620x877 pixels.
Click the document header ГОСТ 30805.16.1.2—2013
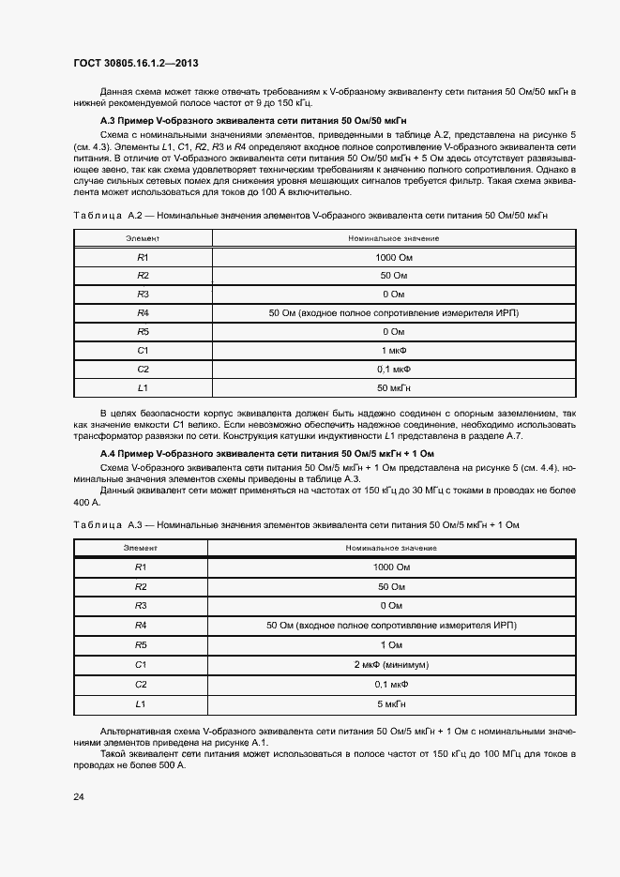136,61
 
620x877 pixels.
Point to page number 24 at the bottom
79,796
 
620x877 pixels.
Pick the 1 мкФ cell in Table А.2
393,350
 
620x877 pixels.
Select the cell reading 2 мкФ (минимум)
391,664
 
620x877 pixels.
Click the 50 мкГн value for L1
393,387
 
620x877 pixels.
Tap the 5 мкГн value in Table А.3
391,703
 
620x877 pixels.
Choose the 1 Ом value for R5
391,644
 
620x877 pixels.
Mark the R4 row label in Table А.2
143,312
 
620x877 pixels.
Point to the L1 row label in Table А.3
142,703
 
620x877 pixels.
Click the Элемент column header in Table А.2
143,238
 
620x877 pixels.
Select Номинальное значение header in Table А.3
391,547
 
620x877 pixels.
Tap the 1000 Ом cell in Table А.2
393,257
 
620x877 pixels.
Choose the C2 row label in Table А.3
142,684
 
